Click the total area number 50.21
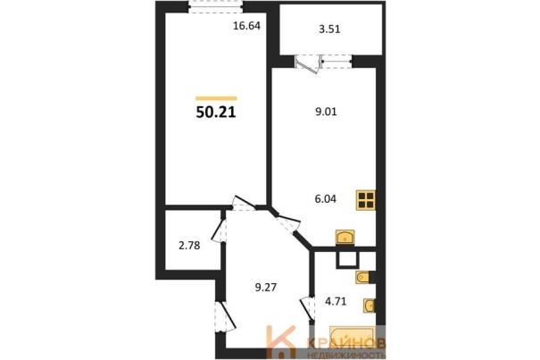tap(216, 112)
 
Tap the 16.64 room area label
tap(246, 26)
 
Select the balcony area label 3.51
tap(329, 29)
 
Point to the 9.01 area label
tap(326, 112)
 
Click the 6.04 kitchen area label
tap(326, 199)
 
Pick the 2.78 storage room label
tap(189, 246)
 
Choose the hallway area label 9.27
tap(266, 287)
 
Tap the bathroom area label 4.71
tap(336, 301)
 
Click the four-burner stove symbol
tap(366, 200)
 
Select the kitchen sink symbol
tap(345, 237)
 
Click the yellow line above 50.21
tap(216, 98)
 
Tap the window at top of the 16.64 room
tap(216, 7)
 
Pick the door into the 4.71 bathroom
tap(308, 309)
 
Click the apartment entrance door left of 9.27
tap(225, 317)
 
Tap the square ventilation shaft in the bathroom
tap(348, 259)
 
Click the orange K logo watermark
tap(281, 342)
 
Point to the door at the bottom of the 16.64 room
tap(244, 204)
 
